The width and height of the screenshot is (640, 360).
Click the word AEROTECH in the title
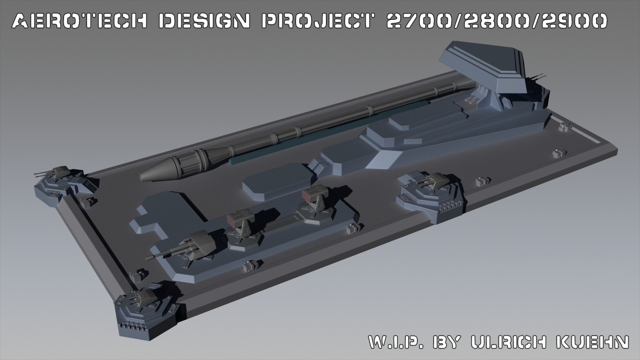tap(79, 21)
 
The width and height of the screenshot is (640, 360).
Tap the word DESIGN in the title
tap(204, 21)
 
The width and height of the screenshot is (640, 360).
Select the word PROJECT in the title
tap(317, 21)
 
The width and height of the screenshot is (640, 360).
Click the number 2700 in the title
tap(418, 21)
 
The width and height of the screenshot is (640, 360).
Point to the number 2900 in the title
tap(574, 21)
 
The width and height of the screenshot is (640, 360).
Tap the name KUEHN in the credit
tap(593, 341)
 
